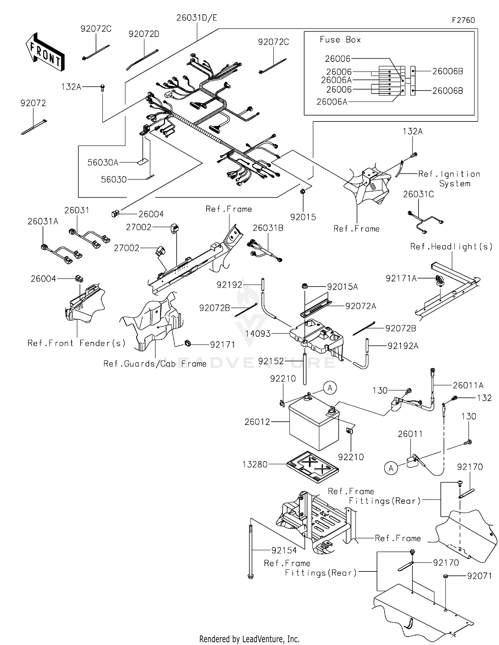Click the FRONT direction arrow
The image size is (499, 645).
[x=45, y=52]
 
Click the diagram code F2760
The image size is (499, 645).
[x=463, y=20]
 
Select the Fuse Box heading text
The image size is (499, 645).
[x=340, y=40]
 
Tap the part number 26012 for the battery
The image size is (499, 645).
[x=257, y=422]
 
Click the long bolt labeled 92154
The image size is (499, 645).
[x=251, y=549]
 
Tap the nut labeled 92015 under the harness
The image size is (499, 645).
[x=303, y=192]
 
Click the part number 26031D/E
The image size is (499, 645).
[x=197, y=18]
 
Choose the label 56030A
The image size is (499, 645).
[x=103, y=162]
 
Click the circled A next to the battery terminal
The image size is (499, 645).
[x=330, y=388]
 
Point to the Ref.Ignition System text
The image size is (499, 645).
[x=449, y=179]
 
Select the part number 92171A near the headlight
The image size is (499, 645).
[x=401, y=278]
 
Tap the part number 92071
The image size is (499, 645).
[x=479, y=576]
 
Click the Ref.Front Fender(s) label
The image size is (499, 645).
[x=77, y=343]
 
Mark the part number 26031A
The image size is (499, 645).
[x=43, y=221]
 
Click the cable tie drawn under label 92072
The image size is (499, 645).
[x=34, y=127]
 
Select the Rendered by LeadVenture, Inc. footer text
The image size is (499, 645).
[x=249, y=639]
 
